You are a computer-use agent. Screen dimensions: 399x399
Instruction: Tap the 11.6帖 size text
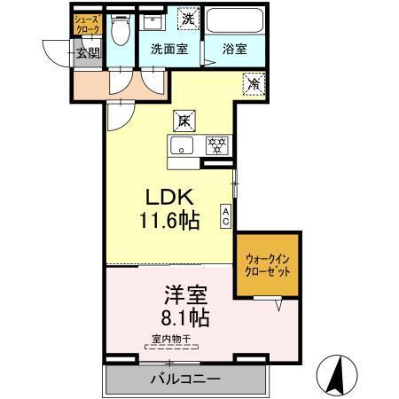click(168, 221)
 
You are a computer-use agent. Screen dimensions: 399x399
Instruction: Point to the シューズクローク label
click(86, 23)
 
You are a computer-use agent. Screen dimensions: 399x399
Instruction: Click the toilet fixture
click(121, 33)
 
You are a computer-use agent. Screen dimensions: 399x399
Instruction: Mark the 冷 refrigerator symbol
click(254, 86)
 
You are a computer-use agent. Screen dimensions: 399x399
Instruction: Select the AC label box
click(226, 213)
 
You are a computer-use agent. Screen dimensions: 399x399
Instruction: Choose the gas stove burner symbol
click(215, 146)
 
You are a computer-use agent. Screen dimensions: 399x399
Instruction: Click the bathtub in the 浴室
click(235, 22)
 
